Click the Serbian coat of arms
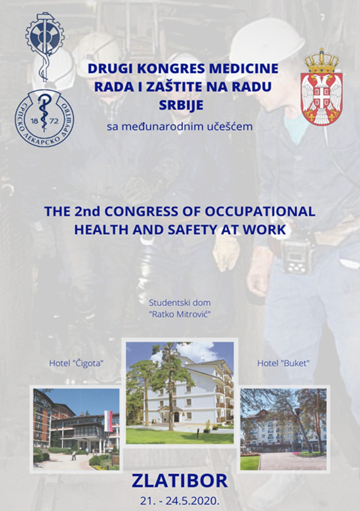tap(321, 86)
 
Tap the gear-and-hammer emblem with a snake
tap(45, 46)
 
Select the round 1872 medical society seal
tap(44, 118)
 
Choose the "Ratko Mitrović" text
tap(180, 315)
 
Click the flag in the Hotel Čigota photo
tap(108, 421)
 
